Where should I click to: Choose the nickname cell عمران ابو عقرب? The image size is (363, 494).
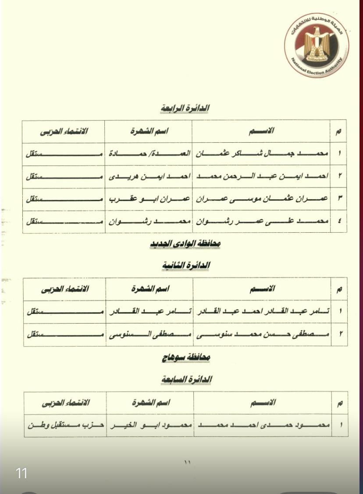(x=149, y=199)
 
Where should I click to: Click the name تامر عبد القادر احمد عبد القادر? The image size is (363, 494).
(x=261, y=312)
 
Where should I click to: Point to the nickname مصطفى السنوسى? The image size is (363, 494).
(x=149, y=335)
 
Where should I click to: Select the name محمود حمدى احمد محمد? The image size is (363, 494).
(x=262, y=425)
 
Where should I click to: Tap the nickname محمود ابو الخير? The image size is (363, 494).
(x=150, y=425)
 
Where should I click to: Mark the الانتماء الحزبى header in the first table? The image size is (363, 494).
(x=64, y=131)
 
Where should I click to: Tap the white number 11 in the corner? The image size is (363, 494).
(x=21, y=473)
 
